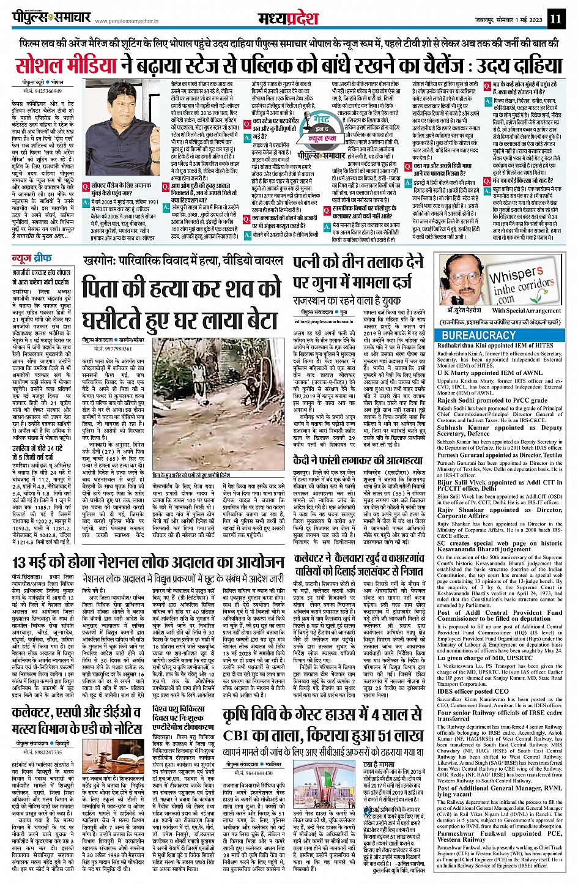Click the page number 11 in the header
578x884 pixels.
point(555,18)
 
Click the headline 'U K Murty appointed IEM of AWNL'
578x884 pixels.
point(490,373)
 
